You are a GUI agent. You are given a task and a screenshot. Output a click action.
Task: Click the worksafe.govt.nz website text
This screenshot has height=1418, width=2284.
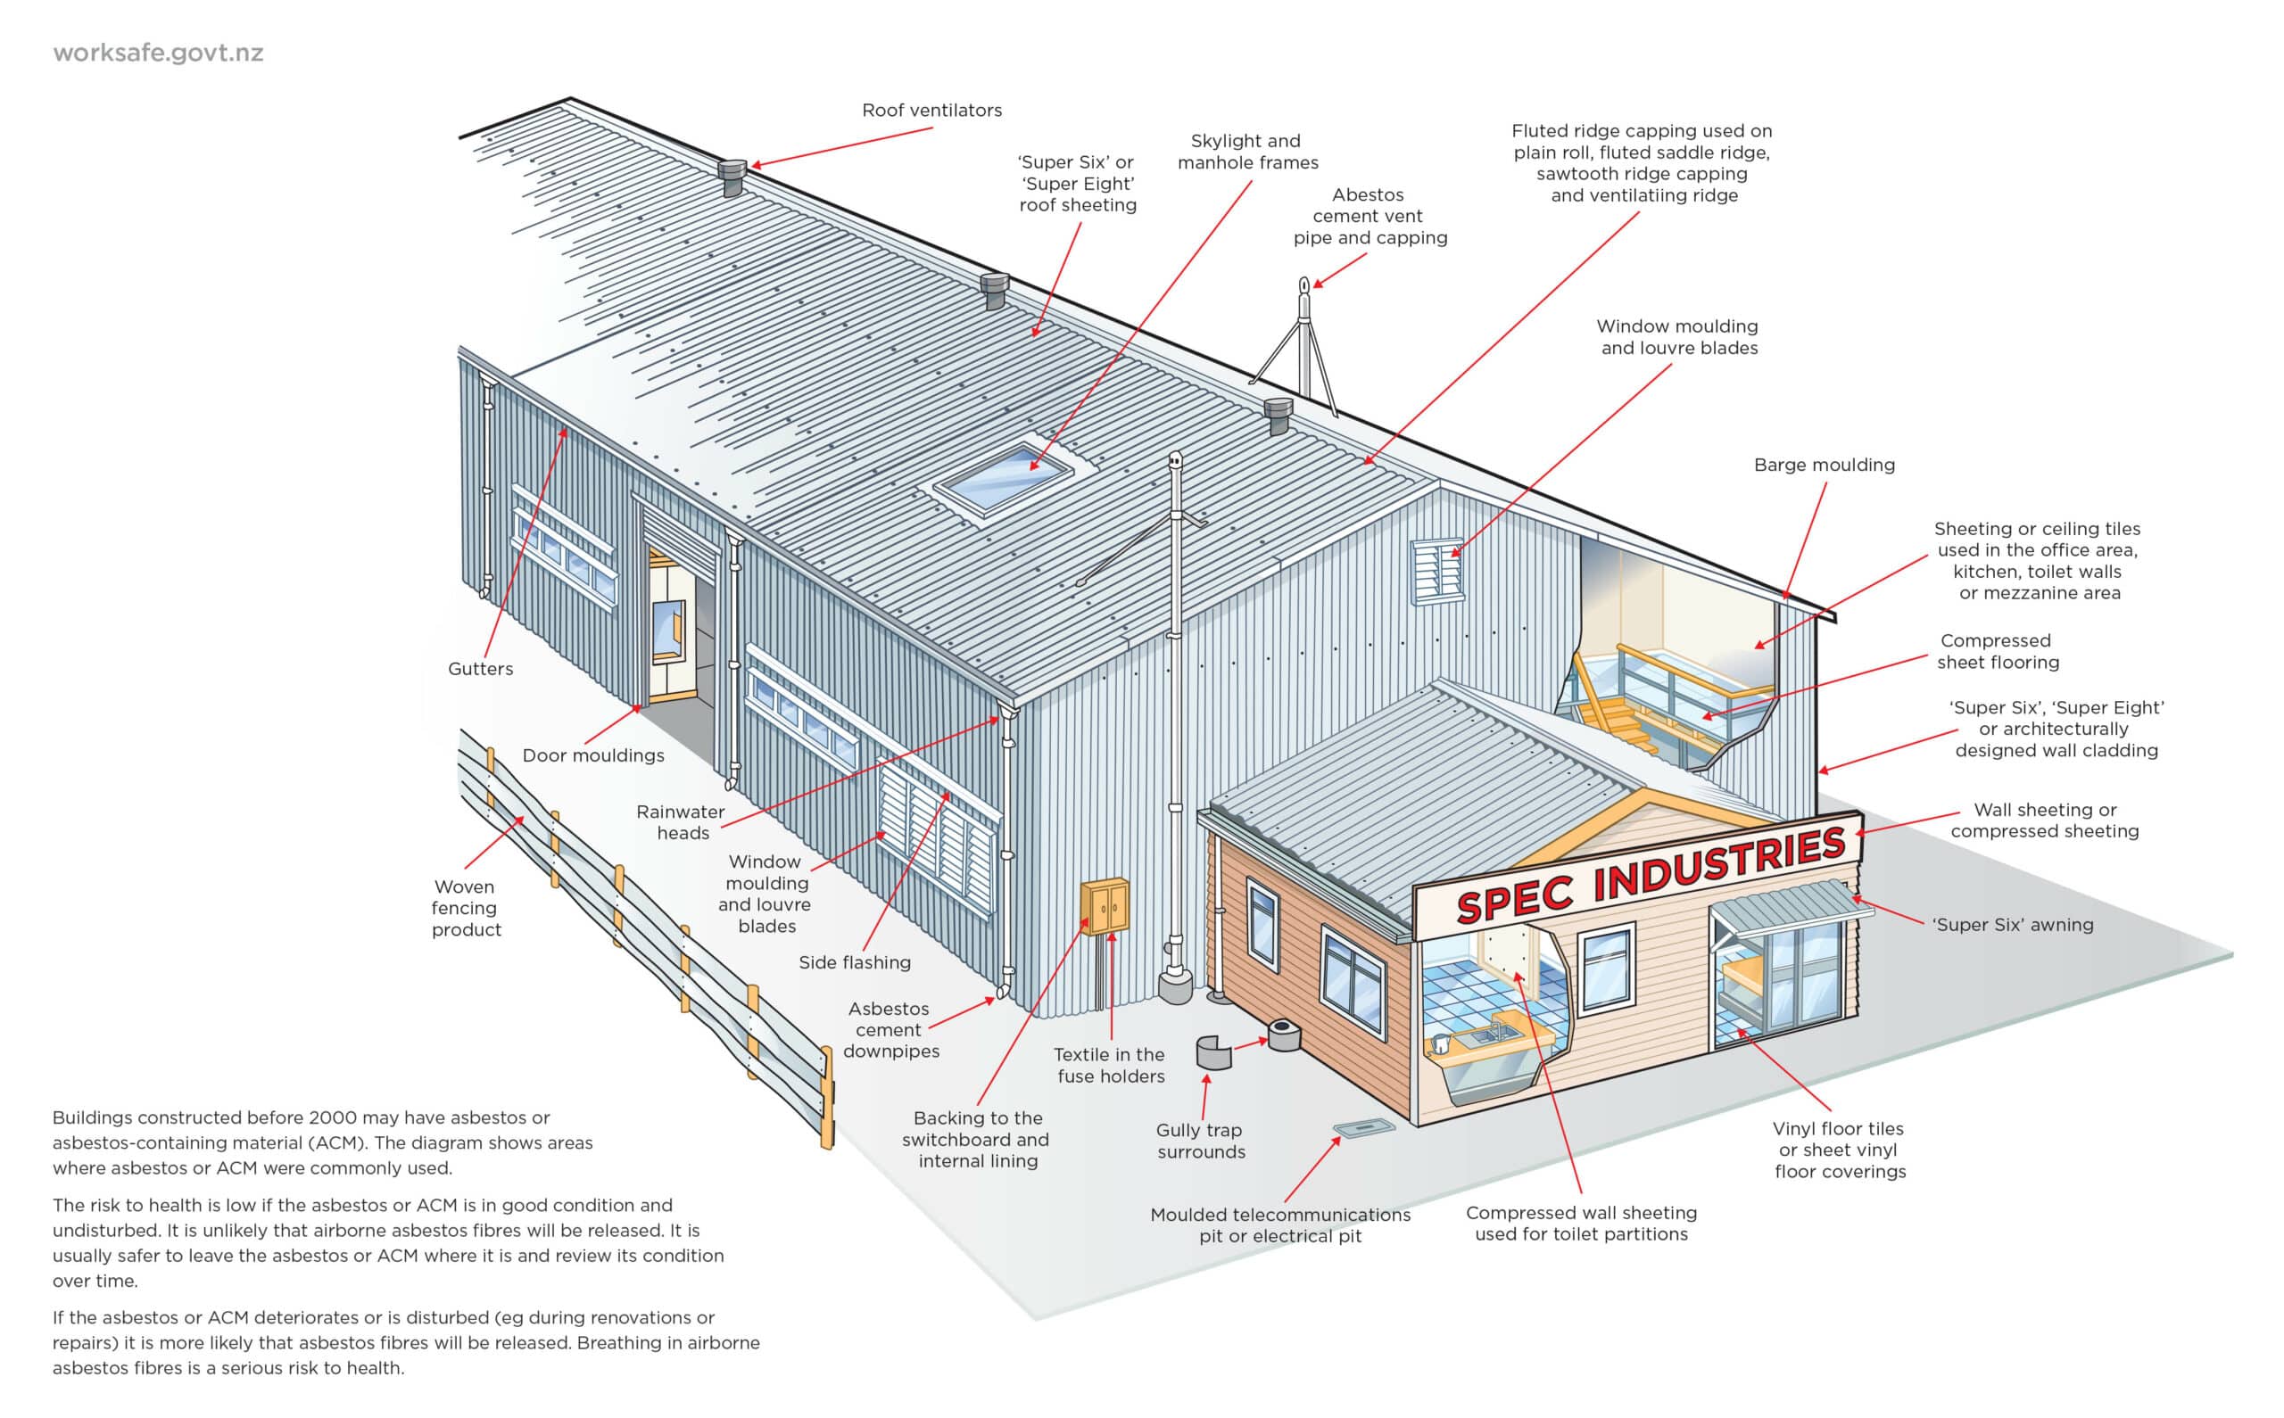(x=158, y=53)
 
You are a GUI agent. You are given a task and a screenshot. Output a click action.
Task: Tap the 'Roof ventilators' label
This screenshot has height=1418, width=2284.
(x=931, y=111)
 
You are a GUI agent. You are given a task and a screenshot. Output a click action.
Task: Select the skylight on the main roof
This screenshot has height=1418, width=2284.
(x=1003, y=477)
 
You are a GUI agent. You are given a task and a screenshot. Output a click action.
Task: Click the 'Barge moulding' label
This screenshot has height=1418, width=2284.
(x=1824, y=466)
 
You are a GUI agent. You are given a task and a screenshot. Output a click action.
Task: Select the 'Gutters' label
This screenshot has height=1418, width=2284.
(x=480, y=669)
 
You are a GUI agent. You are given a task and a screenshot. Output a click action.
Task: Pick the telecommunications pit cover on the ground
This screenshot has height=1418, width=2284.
(x=1363, y=1128)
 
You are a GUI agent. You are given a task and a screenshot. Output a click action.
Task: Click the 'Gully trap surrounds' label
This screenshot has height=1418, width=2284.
(x=1201, y=1142)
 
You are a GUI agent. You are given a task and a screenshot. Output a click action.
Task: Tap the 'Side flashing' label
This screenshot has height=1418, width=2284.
(x=855, y=962)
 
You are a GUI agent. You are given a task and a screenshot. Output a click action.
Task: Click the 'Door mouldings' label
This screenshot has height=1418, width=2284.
(x=592, y=756)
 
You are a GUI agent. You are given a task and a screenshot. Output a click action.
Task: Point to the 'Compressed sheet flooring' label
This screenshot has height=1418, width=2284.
(x=1998, y=652)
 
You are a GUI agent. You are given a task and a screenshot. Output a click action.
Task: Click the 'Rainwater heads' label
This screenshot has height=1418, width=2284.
(x=681, y=822)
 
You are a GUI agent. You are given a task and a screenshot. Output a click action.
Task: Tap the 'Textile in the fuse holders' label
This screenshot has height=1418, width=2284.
(x=1110, y=1066)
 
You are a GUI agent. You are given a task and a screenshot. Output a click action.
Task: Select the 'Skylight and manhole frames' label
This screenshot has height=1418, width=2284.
(x=1246, y=152)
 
